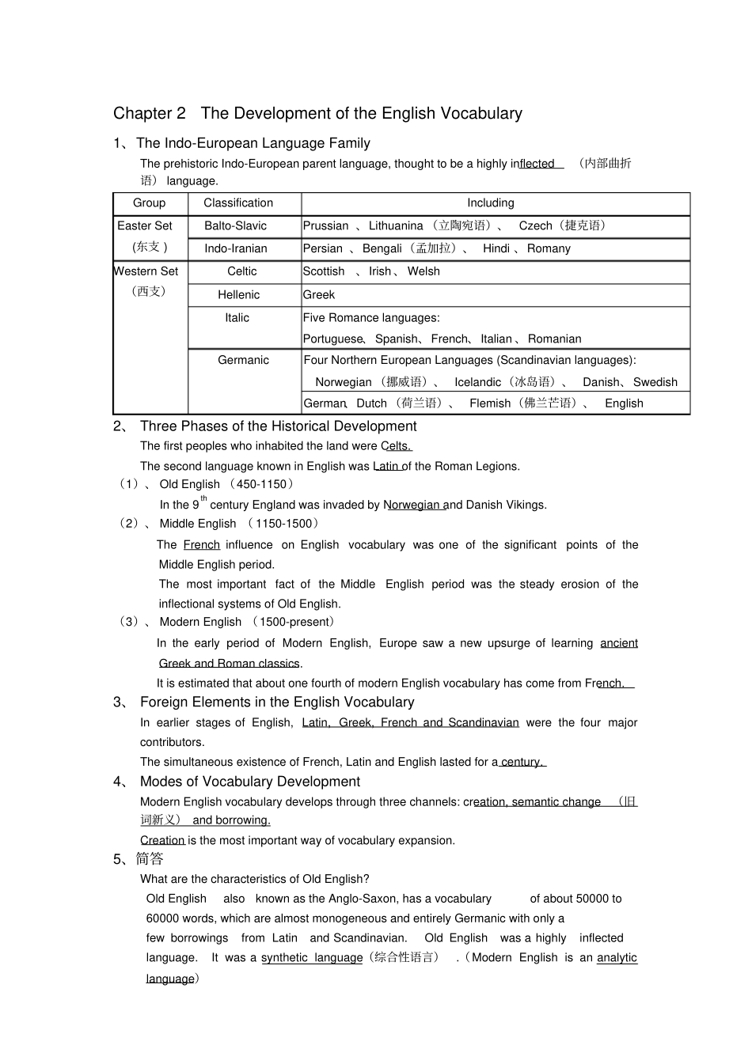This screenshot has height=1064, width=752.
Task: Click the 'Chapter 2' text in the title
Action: [x=150, y=113]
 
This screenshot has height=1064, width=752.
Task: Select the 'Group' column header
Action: [x=149, y=203]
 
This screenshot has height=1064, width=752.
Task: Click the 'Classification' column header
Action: [x=237, y=203]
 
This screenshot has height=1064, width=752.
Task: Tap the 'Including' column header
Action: [x=490, y=203]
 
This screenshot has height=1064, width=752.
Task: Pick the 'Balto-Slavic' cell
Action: [x=235, y=226]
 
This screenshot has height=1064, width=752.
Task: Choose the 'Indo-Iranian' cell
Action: [x=235, y=248]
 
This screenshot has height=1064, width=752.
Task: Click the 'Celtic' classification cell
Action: [x=241, y=271]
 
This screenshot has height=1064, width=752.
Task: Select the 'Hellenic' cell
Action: [x=238, y=295]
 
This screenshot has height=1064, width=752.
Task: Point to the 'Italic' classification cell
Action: [x=237, y=318]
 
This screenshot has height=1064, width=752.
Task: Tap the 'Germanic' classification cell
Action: [x=243, y=360]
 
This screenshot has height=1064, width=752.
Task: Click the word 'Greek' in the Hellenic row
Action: [x=319, y=295]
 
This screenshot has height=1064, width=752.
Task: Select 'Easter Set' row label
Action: [x=145, y=226]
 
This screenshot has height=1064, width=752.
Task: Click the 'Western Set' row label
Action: [x=146, y=271]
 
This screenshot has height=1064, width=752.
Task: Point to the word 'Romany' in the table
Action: [x=549, y=248]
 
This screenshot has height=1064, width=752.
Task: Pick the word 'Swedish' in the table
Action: [x=655, y=382]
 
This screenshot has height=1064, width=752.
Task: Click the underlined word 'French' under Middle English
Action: [x=201, y=545]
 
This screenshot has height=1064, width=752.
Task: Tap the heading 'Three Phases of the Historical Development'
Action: [x=278, y=426]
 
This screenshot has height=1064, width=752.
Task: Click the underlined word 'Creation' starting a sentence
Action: [x=162, y=840]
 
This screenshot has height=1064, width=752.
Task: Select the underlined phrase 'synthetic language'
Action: [x=312, y=958]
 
